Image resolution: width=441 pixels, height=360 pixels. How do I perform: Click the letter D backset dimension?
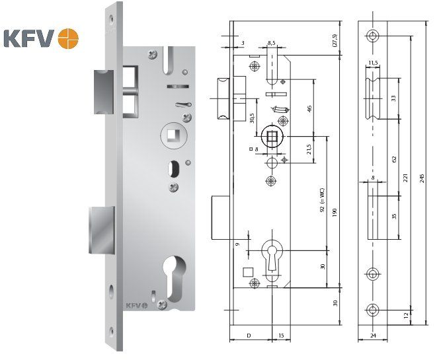pyautogui.click(x=248, y=336)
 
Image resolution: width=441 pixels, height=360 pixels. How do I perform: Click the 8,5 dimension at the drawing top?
pyautogui.click(x=272, y=43)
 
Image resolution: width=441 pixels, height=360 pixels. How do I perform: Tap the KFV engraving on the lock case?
pyautogui.click(x=136, y=305)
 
